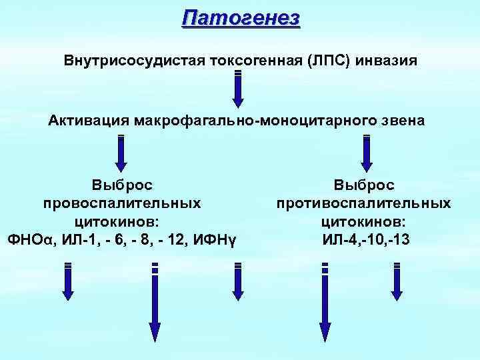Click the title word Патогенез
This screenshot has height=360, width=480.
pos(241,17)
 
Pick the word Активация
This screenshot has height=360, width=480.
pos(89,121)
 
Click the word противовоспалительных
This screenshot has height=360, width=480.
pos(364,201)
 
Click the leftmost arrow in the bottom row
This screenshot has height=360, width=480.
pos(67,283)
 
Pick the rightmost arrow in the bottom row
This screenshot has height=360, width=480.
pos(397,283)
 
